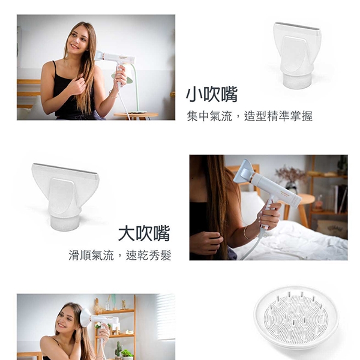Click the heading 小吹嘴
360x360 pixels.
point(211,94)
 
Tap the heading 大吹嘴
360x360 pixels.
point(144,233)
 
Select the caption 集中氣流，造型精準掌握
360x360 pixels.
point(250,116)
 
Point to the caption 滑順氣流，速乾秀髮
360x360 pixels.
point(120,256)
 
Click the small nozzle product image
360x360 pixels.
point(298,55)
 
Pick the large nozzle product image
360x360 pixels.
point(65,197)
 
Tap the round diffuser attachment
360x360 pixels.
point(296,319)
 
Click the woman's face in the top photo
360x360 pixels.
point(77,41)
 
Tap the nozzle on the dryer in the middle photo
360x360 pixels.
point(244,171)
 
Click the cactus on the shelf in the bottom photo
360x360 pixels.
point(118,349)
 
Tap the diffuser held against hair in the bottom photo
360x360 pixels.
point(86,319)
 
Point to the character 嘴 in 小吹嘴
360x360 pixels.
point(229,94)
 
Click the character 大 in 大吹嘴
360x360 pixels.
point(127,233)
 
